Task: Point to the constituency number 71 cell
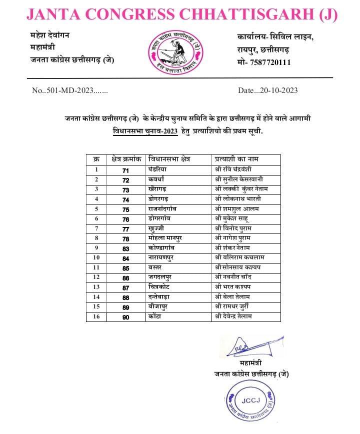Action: point(125,170)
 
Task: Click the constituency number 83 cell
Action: point(125,248)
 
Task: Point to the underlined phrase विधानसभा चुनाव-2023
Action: point(144,131)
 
